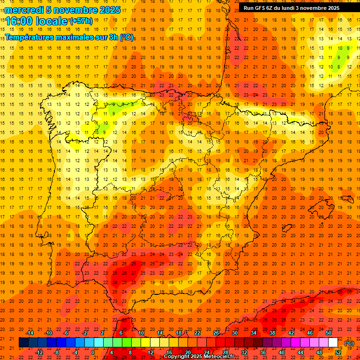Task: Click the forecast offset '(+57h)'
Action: click(81, 21)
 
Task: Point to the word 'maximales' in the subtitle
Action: click(72, 37)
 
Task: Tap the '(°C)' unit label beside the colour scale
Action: click(349, 343)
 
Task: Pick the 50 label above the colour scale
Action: click(329, 333)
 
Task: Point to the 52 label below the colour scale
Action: click(338, 352)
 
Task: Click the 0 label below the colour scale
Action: click(93, 352)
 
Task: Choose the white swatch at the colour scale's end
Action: click(333, 343)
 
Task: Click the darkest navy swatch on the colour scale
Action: click(23, 343)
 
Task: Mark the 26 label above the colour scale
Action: click(217, 333)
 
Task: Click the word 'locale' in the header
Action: click(52, 21)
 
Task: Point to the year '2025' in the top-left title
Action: click(110, 10)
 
